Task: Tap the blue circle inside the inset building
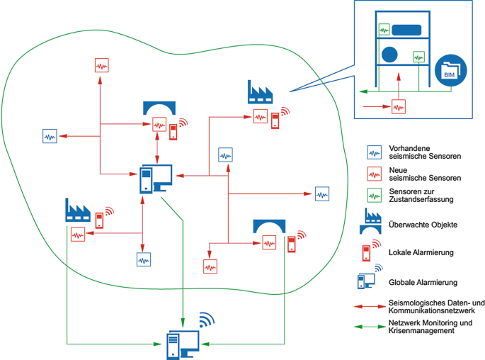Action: pos(389,54)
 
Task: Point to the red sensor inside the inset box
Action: pos(399,107)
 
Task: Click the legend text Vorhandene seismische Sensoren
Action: pos(417,152)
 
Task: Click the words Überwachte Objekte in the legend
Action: pos(423,224)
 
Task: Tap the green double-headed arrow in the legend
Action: pos(370,326)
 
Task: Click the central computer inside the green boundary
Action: pos(155,178)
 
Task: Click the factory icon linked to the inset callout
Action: pos(260,92)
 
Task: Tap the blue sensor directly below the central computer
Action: pos(144,259)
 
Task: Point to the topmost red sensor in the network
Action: pos(102,65)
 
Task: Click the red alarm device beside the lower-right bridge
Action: pos(291,244)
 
